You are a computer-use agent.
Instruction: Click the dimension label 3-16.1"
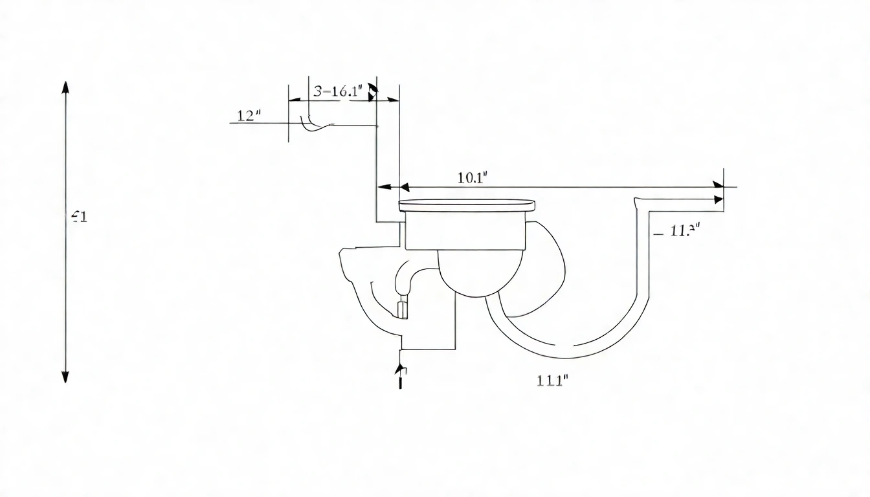coord(336,91)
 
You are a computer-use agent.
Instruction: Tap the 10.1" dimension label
coord(472,179)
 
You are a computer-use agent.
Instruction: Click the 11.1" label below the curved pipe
coord(552,381)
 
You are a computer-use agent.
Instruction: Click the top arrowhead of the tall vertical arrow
coord(65,88)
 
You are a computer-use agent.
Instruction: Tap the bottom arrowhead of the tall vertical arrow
coord(65,376)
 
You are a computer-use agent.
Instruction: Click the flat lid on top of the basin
coord(467,206)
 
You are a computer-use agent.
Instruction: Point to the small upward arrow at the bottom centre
coord(401,371)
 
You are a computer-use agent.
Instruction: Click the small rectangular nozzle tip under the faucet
coord(402,309)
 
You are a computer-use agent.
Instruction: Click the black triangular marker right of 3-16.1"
coord(372,92)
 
